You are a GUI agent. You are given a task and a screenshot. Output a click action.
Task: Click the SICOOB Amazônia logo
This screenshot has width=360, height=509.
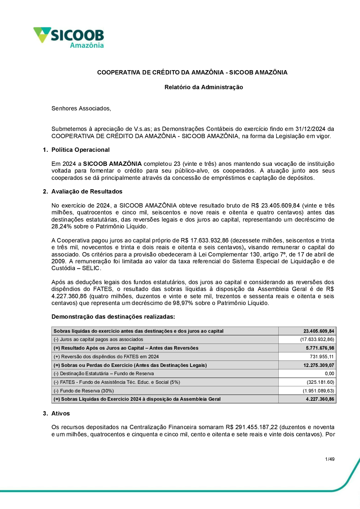pyautogui.click(x=69, y=38)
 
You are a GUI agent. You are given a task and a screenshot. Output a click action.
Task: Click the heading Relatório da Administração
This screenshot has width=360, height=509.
pyautogui.click(x=203, y=87)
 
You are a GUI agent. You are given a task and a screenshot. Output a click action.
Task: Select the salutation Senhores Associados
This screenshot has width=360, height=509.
pyautogui.click(x=81, y=108)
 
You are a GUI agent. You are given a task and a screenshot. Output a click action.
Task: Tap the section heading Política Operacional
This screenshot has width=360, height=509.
pyautogui.click(x=80, y=150)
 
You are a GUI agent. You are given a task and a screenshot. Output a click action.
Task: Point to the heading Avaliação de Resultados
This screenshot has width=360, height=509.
pyautogui.click(x=87, y=191)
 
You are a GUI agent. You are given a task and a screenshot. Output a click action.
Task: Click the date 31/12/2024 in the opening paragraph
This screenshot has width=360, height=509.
pyautogui.click(x=310, y=129)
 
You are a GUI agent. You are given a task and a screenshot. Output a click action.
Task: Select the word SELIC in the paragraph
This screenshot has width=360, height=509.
pyautogui.click(x=91, y=268)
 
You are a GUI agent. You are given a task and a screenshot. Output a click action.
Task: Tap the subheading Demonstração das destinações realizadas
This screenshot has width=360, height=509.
pyautogui.click(x=113, y=317)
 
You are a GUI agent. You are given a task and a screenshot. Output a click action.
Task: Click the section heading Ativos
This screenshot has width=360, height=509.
pyautogui.click(x=60, y=413)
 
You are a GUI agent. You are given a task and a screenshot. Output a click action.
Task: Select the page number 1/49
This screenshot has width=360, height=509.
pyautogui.click(x=330, y=459)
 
